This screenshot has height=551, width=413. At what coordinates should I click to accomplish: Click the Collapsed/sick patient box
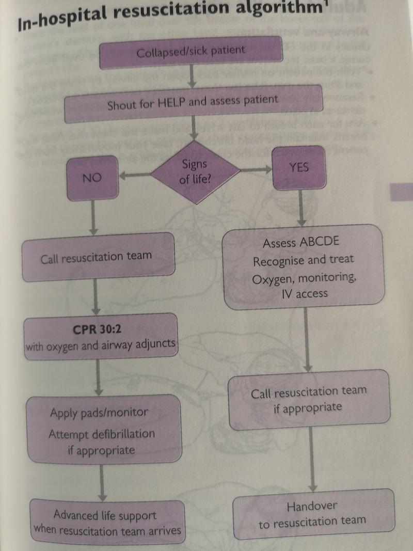(x=191, y=53)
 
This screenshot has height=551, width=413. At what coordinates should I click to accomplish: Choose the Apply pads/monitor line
(x=99, y=412)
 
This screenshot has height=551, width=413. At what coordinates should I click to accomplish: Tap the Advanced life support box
(x=107, y=522)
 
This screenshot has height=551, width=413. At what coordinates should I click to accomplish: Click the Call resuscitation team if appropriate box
(x=308, y=400)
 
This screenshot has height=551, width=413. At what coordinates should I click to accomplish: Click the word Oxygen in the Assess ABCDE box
(x=273, y=278)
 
